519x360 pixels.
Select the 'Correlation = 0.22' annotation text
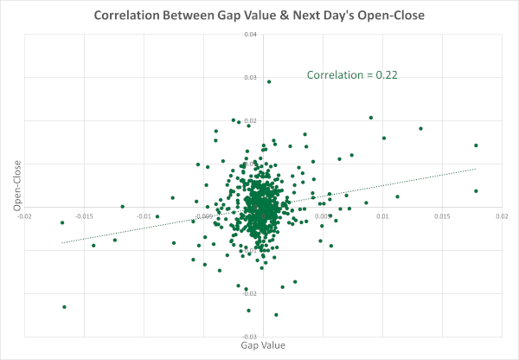[x=346, y=75]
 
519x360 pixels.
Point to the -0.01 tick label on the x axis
[x=144, y=215]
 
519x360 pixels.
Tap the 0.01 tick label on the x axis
[x=382, y=215]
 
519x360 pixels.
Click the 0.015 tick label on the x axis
[x=441, y=215]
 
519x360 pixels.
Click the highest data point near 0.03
[x=269, y=82]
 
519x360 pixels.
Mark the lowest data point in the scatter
[x=276, y=315]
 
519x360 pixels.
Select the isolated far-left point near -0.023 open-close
[x=64, y=307]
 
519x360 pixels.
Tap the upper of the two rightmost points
[x=476, y=145]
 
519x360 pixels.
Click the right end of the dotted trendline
[x=477, y=169]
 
